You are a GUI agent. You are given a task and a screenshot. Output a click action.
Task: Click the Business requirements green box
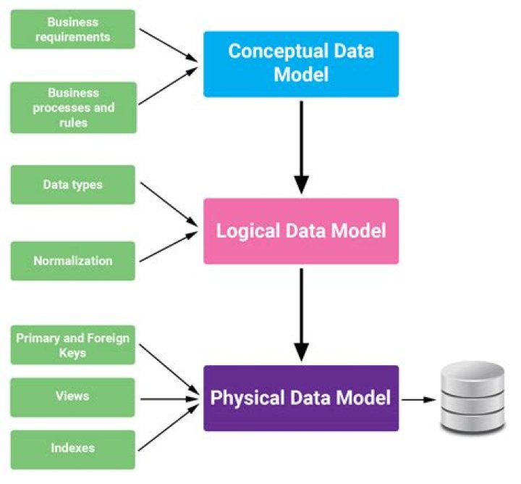(72, 29)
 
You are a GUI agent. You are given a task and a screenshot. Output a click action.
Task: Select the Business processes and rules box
(72, 107)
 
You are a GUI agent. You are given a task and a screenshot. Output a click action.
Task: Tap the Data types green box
(72, 185)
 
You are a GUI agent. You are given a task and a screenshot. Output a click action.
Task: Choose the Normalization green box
(72, 261)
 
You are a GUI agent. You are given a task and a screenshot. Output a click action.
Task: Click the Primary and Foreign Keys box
(72, 345)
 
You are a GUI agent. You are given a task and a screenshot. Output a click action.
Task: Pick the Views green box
(72, 397)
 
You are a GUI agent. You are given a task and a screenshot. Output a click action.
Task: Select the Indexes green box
(72, 448)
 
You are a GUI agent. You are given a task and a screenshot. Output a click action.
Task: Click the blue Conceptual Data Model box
(300, 64)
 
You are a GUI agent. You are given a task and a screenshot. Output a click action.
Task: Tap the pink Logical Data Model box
(300, 231)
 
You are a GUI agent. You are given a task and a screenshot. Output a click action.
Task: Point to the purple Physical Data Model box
(300, 398)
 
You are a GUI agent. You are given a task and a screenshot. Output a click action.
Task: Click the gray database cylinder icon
(473, 398)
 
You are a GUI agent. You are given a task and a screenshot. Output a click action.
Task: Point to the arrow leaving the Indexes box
(169, 427)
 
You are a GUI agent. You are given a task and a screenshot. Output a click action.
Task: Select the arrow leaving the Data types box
(169, 203)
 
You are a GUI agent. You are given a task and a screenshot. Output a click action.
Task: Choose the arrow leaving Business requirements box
(169, 45)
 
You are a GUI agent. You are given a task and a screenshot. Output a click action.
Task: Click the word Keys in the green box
(72, 353)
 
